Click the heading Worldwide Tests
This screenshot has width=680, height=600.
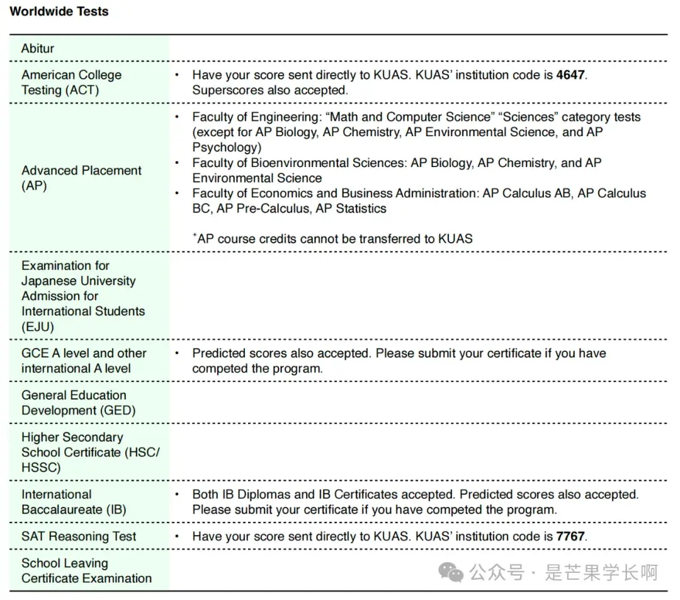tap(59, 11)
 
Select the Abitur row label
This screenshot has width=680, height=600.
tap(38, 49)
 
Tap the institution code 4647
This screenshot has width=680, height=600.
tap(570, 75)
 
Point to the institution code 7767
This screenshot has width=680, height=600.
tap(570, 537)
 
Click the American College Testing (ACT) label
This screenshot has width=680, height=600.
tap(71, 83)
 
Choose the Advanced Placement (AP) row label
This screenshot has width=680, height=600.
tap(81, 178)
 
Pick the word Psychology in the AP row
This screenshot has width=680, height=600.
tap(226, 147)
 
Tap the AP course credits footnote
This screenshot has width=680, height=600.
tap(332, 239)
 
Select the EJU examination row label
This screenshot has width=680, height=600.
tap(82, 296)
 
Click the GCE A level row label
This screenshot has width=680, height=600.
tap(83, 361)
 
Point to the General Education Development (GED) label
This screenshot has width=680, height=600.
tap(78, 403)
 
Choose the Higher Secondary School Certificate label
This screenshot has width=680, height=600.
tap(90, 453)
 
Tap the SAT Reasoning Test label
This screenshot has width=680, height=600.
tap(79, 537)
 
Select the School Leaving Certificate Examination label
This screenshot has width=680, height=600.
tap(86, 571)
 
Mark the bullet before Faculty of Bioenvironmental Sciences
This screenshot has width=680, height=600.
tap(178, 163)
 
